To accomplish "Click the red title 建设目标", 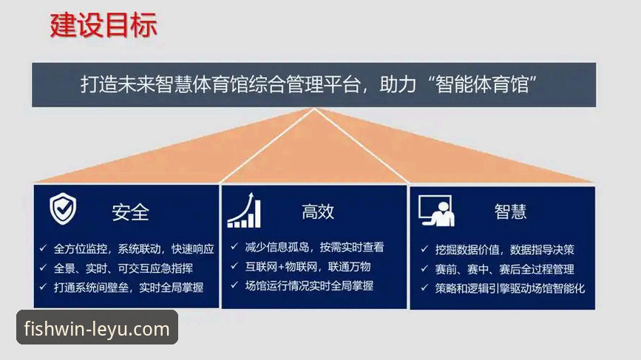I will (x=104, y=25).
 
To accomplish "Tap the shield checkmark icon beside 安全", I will (x=63, y=209).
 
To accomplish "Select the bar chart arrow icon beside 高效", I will (x=244, y=211).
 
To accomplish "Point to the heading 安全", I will (x=131, y=213).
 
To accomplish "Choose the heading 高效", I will (x=318, y=212).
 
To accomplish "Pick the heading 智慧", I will (x=510, y=212).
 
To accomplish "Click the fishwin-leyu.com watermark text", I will (x=97, y=328).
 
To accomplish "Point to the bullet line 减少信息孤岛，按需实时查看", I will (x=315, y=248).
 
